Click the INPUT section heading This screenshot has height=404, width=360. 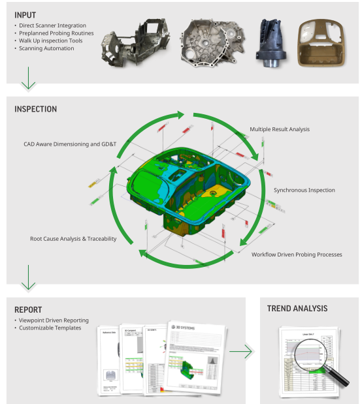coord(25,14)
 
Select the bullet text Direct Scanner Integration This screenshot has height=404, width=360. coord(52,25)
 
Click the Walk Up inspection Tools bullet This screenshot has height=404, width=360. coord(51,40)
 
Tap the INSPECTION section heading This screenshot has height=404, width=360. coord(35,109)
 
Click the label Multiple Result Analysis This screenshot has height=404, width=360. coord(280,129)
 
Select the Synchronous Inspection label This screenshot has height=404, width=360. coord(304,190)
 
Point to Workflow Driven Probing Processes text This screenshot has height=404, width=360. coord(297,254)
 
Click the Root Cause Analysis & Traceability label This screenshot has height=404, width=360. coord(73,239)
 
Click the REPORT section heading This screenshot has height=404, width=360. coord(28,309)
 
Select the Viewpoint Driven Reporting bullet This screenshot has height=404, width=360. coord(55,320)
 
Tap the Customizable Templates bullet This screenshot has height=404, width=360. coord(50,328)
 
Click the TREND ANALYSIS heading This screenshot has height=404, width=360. coord(297,308)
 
